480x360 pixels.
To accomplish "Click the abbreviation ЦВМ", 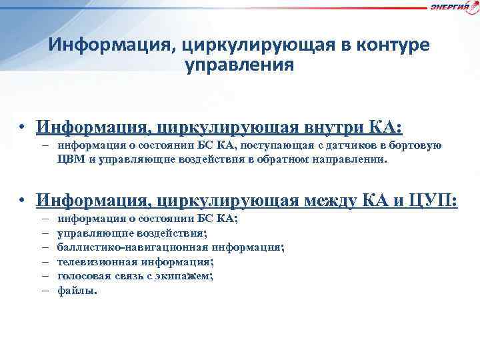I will coord(71,160).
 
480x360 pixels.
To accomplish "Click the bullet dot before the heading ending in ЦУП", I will coord(22,200).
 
